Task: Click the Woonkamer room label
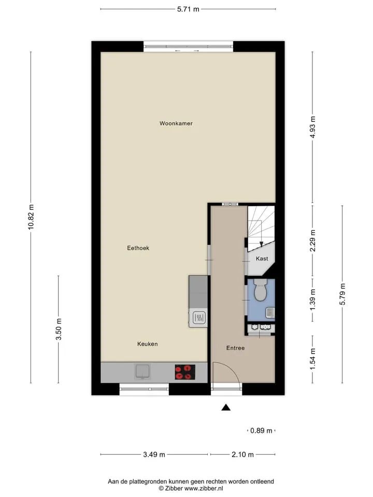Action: point(176,123)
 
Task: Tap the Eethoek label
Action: point(138,248)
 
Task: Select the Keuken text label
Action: point(148,344)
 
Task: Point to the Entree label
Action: point(235,348)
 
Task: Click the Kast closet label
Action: point(262,259)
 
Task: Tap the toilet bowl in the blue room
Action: point(261,290)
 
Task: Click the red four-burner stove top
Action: point(185,372)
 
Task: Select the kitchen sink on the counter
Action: point(143,371)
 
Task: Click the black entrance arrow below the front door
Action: point(226,407)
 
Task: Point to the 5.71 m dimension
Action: point(188,9)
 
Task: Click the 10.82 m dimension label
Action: point(31,217)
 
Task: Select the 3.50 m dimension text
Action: point(59,329)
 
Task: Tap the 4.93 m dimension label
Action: point(313,127)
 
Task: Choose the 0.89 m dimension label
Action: point(261,430)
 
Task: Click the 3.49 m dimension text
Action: point(154,455)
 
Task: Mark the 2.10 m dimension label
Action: point(242,455)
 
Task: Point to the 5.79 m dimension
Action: point(342,294)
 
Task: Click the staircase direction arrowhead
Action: point(261,244)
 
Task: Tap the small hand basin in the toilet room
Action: point(270,313)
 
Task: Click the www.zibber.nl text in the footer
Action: point(204,488)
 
